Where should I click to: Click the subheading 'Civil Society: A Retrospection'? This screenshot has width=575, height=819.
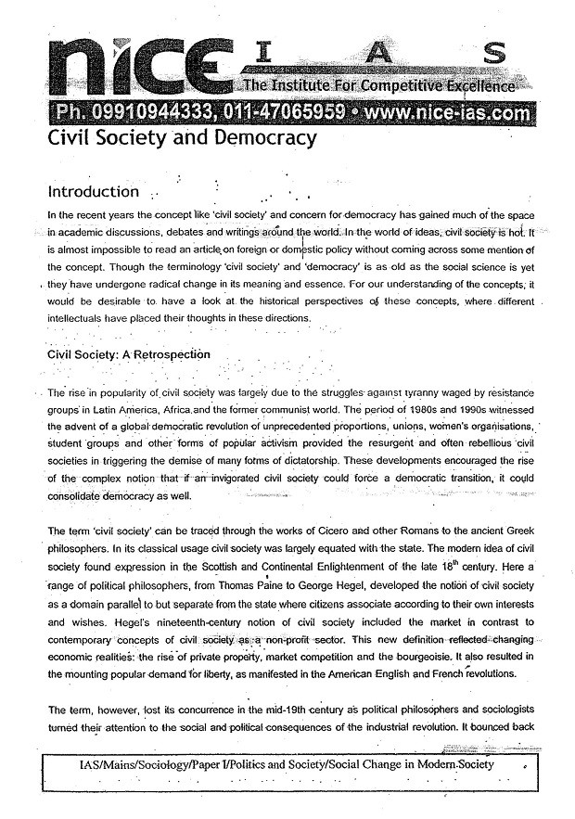[x=129, y=354]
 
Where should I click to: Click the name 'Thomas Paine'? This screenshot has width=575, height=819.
[x=255, y=580]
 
